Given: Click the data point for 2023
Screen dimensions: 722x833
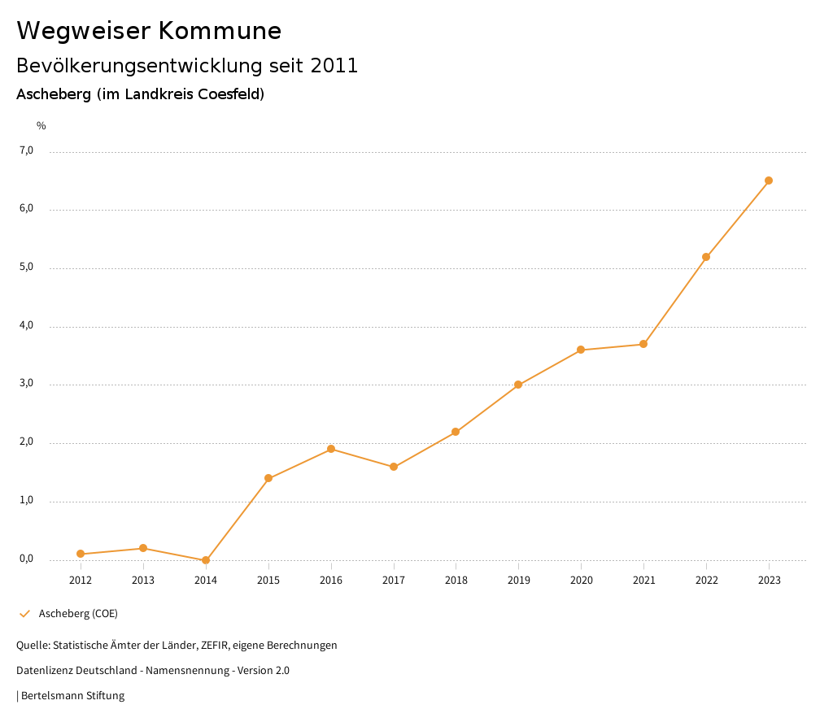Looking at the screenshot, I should tap(769, 180).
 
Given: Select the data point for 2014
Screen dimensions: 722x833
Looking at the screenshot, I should tap(206, 560).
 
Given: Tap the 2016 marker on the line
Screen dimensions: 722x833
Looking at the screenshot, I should tap(331, 449).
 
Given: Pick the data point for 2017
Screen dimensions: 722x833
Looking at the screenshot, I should tap(394, 467).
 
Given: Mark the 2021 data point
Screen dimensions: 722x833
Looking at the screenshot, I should tap(643, 344).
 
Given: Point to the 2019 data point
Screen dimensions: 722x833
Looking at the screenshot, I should tap(518, 385).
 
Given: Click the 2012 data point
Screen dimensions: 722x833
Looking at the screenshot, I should tap(81, 554).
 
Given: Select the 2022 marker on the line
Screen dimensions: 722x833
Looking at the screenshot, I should tap(706, 257).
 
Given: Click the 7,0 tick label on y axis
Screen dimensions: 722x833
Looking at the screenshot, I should tap(26, 150).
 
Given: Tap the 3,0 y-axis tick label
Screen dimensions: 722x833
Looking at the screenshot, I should tap(26, 384).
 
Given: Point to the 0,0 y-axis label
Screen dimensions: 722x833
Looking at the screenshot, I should tap(26, 559).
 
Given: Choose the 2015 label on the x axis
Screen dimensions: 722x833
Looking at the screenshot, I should tap(268, 580).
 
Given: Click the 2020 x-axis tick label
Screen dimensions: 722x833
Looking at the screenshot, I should tap(581, 580).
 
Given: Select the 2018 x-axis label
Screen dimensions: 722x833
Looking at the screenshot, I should tap(456, 580).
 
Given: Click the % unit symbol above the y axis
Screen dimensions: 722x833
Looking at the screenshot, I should tap(41, 125).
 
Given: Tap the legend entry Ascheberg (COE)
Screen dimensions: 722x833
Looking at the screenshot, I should tap(78, 613).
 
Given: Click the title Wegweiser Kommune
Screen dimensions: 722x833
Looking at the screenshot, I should tap(149, 30).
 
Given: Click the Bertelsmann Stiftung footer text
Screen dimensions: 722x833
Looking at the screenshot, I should tap(72, 695).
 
